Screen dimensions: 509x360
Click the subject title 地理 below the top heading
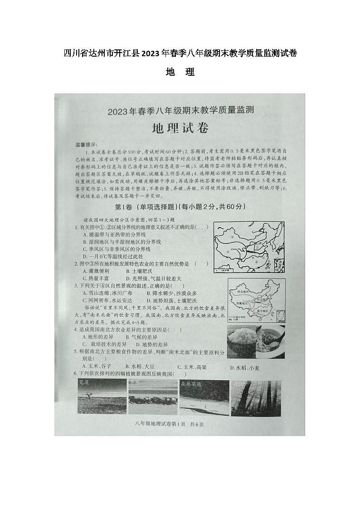(x=180, y=72)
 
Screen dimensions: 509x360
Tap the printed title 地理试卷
(x=180, y=128)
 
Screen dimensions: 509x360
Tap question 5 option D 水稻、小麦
(x=245, y=367)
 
